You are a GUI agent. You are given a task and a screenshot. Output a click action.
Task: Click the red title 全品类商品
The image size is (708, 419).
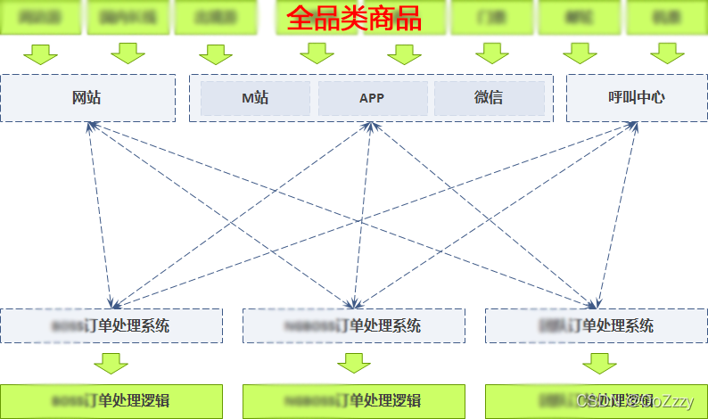[354, 19]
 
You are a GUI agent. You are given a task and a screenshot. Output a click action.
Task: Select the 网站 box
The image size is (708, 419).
[87, 97]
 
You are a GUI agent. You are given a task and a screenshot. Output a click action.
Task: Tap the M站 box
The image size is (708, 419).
[255, 98]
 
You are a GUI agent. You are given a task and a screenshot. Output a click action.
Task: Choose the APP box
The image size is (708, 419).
[372, 98]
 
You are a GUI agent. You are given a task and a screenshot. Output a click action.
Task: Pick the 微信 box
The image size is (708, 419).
[489, 98]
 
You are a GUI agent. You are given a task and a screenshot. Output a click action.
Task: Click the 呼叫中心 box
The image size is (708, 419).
[636, 97]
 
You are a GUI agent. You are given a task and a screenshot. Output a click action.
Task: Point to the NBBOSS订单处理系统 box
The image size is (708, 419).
[353, 325]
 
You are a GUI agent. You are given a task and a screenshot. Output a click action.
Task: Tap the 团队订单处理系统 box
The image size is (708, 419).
[596, 325]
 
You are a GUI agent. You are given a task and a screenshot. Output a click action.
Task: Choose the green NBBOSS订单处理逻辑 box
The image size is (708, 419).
[353, 400]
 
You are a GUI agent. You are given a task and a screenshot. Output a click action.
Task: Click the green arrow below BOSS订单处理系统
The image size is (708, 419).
[111, 363]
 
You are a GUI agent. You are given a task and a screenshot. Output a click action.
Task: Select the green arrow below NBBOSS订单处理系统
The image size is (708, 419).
[354, 363]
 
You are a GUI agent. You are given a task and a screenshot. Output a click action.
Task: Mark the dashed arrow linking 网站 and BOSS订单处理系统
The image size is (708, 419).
[101, 214]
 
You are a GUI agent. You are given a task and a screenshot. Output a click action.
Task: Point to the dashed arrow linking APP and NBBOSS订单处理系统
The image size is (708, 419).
[363, 214]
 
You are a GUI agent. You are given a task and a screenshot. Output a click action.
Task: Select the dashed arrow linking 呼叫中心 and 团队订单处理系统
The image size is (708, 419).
[615, 214]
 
